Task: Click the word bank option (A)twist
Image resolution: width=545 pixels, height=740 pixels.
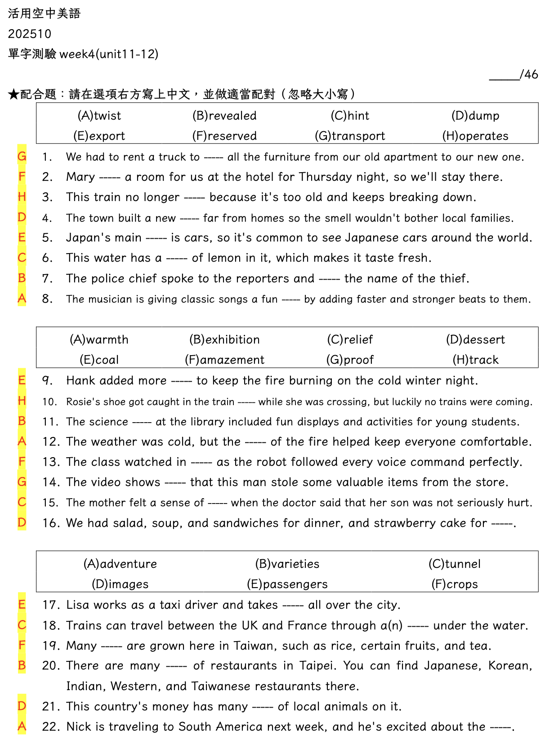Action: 99,116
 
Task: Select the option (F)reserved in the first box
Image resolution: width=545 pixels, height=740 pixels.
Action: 224,136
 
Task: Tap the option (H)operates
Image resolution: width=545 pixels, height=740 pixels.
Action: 475,136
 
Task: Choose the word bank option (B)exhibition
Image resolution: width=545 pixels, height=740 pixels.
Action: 224,339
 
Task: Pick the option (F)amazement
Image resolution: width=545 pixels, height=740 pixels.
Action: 224,360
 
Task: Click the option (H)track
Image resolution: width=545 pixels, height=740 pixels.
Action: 475,360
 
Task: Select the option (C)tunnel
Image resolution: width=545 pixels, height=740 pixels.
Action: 455,564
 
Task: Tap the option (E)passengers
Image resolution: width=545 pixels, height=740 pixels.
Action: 287,584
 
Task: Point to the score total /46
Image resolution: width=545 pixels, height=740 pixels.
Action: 528,74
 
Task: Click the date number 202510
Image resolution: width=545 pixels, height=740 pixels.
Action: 30,34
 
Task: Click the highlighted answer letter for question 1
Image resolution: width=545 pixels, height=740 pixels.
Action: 22,156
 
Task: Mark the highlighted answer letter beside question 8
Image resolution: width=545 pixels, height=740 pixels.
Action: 22,299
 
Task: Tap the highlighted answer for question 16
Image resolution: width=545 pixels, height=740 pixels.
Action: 22,522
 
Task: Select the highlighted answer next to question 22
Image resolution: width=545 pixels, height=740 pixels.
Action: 22,726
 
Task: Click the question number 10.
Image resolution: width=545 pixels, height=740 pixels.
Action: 49,401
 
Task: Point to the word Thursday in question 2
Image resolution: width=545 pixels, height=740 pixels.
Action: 325,177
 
